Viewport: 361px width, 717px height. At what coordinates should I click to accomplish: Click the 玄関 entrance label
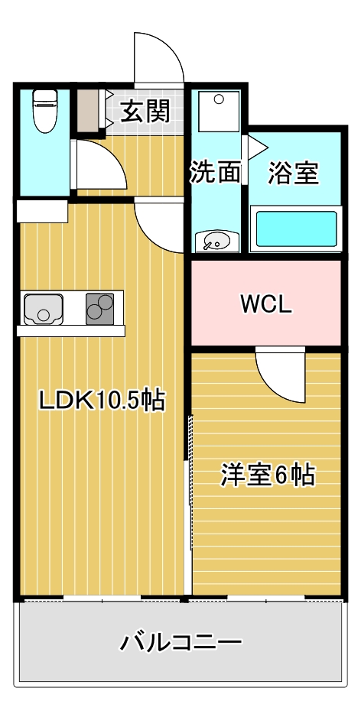tap(145, 112)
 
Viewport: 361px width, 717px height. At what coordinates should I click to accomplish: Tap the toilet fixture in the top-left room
tap(45, 112)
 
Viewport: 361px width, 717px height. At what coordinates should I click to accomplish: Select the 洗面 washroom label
tap(215, 173)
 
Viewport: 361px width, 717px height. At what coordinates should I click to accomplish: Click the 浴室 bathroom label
tap(293, 173)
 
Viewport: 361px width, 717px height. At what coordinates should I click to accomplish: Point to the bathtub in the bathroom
tap(295, 229)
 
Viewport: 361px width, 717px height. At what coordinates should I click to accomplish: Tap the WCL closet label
tap(265, 304)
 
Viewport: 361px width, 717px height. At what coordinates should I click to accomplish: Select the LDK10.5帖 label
tap(102, 399)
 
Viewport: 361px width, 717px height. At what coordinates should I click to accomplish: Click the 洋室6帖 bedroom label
tap(268, 475)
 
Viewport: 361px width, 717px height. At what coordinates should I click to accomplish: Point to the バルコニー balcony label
tap(180, 641)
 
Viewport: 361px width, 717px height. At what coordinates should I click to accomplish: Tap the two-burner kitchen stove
tap(99, 309)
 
